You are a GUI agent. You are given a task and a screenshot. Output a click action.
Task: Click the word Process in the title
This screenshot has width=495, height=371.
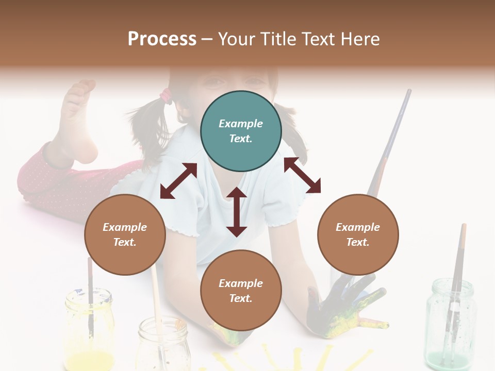[162, 39]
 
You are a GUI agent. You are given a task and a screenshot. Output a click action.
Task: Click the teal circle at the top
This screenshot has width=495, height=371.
[241, 131]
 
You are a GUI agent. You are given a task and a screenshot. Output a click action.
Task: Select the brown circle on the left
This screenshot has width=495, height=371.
[125, 234]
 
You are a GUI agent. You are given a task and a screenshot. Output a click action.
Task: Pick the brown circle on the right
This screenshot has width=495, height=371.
[357, 234]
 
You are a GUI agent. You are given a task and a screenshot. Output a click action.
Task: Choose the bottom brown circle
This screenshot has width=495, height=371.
[241, 291]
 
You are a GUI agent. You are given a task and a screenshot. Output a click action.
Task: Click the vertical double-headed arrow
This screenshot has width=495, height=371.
[237, 212]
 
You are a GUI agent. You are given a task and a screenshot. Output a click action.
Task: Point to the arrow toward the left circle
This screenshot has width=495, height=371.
[178, 181]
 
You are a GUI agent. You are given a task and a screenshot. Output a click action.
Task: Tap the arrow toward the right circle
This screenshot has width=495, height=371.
[302, 175]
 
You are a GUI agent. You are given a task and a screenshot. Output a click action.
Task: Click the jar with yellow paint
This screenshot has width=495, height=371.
[89, 330]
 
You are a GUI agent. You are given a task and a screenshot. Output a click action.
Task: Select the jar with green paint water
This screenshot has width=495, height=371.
[450, 322]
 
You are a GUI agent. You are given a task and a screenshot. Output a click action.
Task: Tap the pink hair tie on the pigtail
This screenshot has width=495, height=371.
[166, 95]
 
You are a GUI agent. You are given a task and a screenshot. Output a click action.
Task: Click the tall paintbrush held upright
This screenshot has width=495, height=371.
[392, 139]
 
